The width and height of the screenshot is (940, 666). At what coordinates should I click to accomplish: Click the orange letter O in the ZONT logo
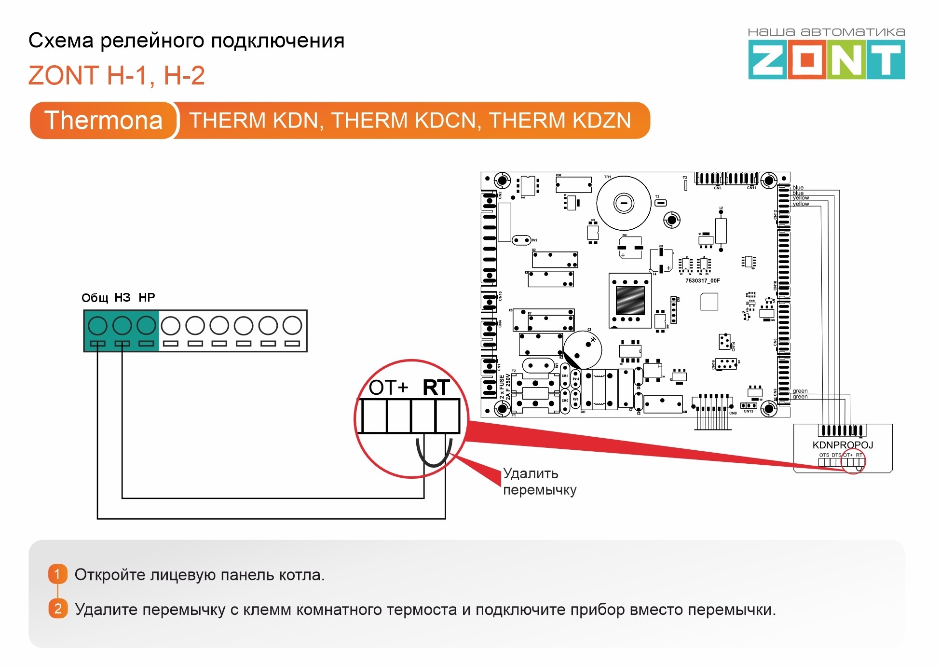pos(808,60)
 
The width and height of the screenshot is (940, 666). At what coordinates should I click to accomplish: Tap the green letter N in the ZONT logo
pos(847,60)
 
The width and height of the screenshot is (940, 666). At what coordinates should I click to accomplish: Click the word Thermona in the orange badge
pos(103,120)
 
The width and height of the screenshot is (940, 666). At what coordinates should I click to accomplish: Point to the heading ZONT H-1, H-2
pos(117,75)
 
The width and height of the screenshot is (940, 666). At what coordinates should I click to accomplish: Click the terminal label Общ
pos(95,298)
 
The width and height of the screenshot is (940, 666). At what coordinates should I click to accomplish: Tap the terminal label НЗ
pos(123,297)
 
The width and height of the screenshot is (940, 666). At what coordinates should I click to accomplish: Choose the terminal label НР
pos(147,297)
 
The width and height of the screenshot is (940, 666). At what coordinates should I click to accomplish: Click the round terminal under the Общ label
pos(97,326)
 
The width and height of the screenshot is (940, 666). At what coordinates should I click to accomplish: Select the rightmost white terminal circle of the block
pos(292,326)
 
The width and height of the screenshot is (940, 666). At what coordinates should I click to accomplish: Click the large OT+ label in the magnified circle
pos(388,388)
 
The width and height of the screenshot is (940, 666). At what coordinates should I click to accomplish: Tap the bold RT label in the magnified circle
pos(436,388)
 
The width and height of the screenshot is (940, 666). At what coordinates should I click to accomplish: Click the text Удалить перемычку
pos(539,482)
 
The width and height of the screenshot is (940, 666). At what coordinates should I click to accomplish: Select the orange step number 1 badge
pos(57,574)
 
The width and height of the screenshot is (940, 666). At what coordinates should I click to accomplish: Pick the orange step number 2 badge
pos(58,609)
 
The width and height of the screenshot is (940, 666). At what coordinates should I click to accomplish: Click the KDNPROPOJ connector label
pos(843,445)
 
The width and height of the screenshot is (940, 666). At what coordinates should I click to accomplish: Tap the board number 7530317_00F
pos(702,280)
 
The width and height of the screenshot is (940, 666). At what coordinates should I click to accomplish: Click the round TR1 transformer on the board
pos(624,203)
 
